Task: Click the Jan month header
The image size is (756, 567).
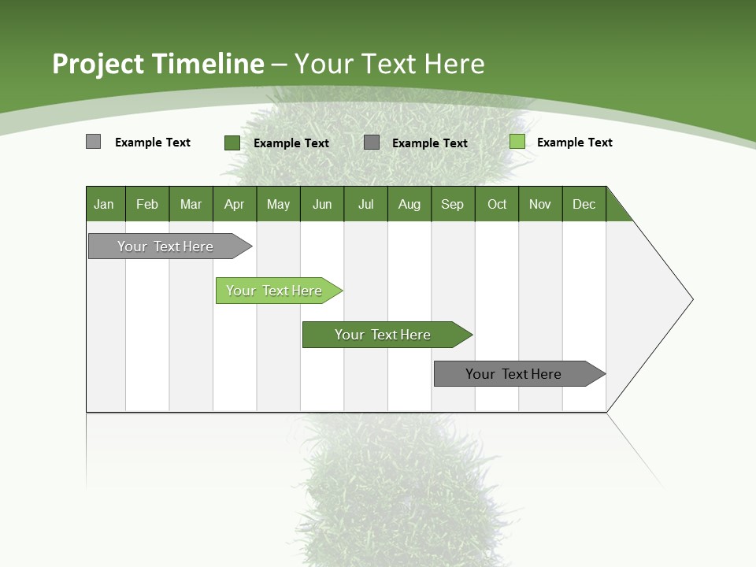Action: tap(105, 204)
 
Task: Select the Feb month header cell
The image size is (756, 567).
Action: tap(147, 204)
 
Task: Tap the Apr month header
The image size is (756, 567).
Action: tap(235, 204)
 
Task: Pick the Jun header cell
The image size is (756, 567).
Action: tap(322, 204)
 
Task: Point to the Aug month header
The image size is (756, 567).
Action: tap(409, 204)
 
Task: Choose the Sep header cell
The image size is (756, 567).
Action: tap(453, 204)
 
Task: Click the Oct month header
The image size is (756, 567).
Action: tap(497, 204)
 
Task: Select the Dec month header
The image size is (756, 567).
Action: tap(584, 204)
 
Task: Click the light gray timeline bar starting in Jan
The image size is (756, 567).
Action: tap(165, 246)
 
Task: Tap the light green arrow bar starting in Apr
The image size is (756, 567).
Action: tap(274, 291)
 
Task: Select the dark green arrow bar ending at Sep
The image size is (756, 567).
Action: tap(383, 335)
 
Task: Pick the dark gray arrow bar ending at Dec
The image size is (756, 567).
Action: tap(513, 374)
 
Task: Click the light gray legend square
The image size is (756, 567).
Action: tap(93, 142)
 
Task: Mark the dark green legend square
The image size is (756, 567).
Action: tap(232, 143)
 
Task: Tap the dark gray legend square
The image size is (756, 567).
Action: tap(372, 143)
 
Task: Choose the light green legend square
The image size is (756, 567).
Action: tap(517, 142)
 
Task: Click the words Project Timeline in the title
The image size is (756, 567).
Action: tap(157, 64)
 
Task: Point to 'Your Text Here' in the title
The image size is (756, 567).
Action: tap(389, 64)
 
